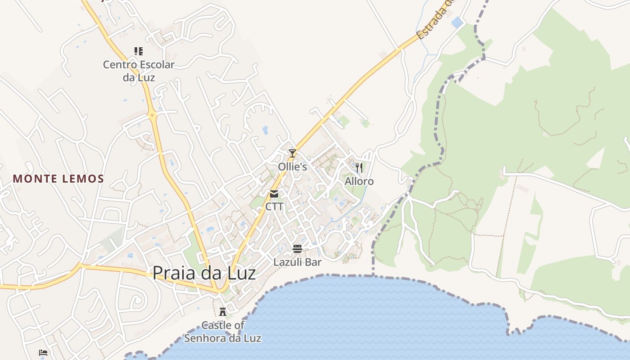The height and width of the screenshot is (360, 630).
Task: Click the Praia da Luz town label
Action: [x=204, y=273]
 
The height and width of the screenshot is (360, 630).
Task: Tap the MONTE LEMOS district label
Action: [x=58, y=179]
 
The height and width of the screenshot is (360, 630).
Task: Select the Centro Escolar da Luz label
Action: [x=139, y=71]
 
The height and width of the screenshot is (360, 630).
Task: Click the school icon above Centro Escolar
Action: [x=139, y=51]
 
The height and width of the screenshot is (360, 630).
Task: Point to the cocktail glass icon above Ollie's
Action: [x=292, y=153]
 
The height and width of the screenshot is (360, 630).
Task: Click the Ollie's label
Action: [x=292, y=167]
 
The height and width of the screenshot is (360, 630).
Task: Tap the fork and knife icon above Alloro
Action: [x=359, y=168]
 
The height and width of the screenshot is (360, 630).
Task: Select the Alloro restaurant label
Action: [x=359, y=181]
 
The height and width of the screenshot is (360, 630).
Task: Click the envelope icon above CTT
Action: [x=274, y=194]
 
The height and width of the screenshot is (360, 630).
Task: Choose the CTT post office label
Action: [x=274, y=207]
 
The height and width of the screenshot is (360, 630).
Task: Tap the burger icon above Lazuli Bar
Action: [x=297, y=248]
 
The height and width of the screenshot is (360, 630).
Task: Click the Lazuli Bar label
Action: [x=297, y=262]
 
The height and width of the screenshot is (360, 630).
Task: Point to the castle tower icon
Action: [x=222, y=311]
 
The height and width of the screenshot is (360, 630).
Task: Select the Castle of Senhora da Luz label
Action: [x=223, y=331]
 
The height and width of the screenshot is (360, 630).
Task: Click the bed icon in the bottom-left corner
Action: [x=43, y=353]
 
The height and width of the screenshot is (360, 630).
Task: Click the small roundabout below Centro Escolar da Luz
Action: [x=153, y=115]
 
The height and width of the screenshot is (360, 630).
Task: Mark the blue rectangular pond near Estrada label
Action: [x=457, y=22]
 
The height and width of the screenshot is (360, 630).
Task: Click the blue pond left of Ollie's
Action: [x=265, y=130]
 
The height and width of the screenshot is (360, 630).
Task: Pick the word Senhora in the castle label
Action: [x=211, y=338]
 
